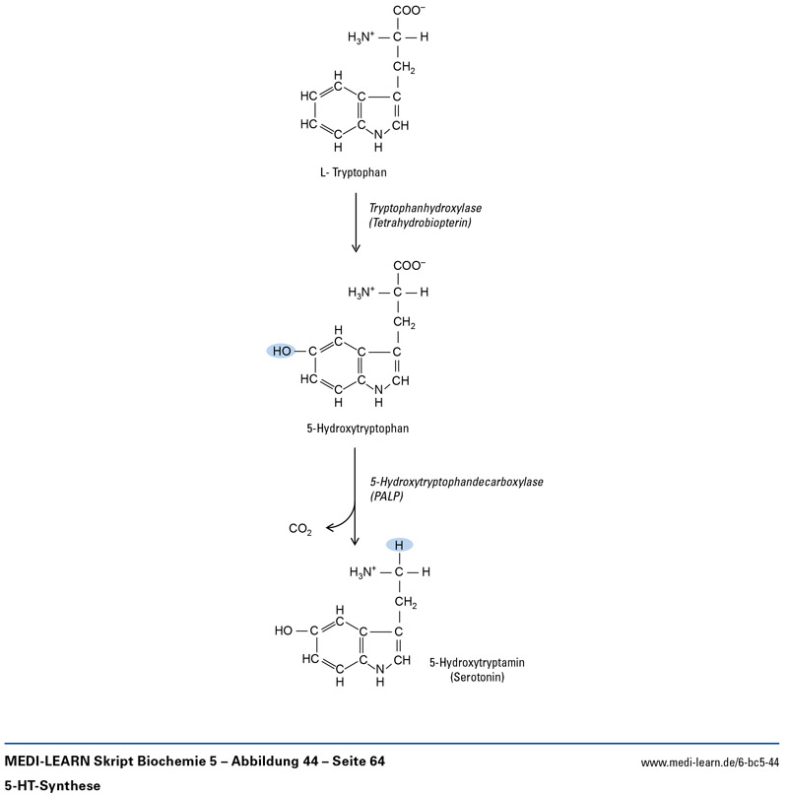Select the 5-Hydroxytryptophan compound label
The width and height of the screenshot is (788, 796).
(x=358, y=429)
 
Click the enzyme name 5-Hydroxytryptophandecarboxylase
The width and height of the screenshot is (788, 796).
(x=456, y=482)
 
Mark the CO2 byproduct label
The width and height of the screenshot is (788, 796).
(x=300, y=530)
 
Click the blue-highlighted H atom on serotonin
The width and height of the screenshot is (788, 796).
(x=399, y=545)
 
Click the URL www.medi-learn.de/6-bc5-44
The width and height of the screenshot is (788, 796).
(x=709, y=763)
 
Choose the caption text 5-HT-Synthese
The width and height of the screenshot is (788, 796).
(x=53, y=785)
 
